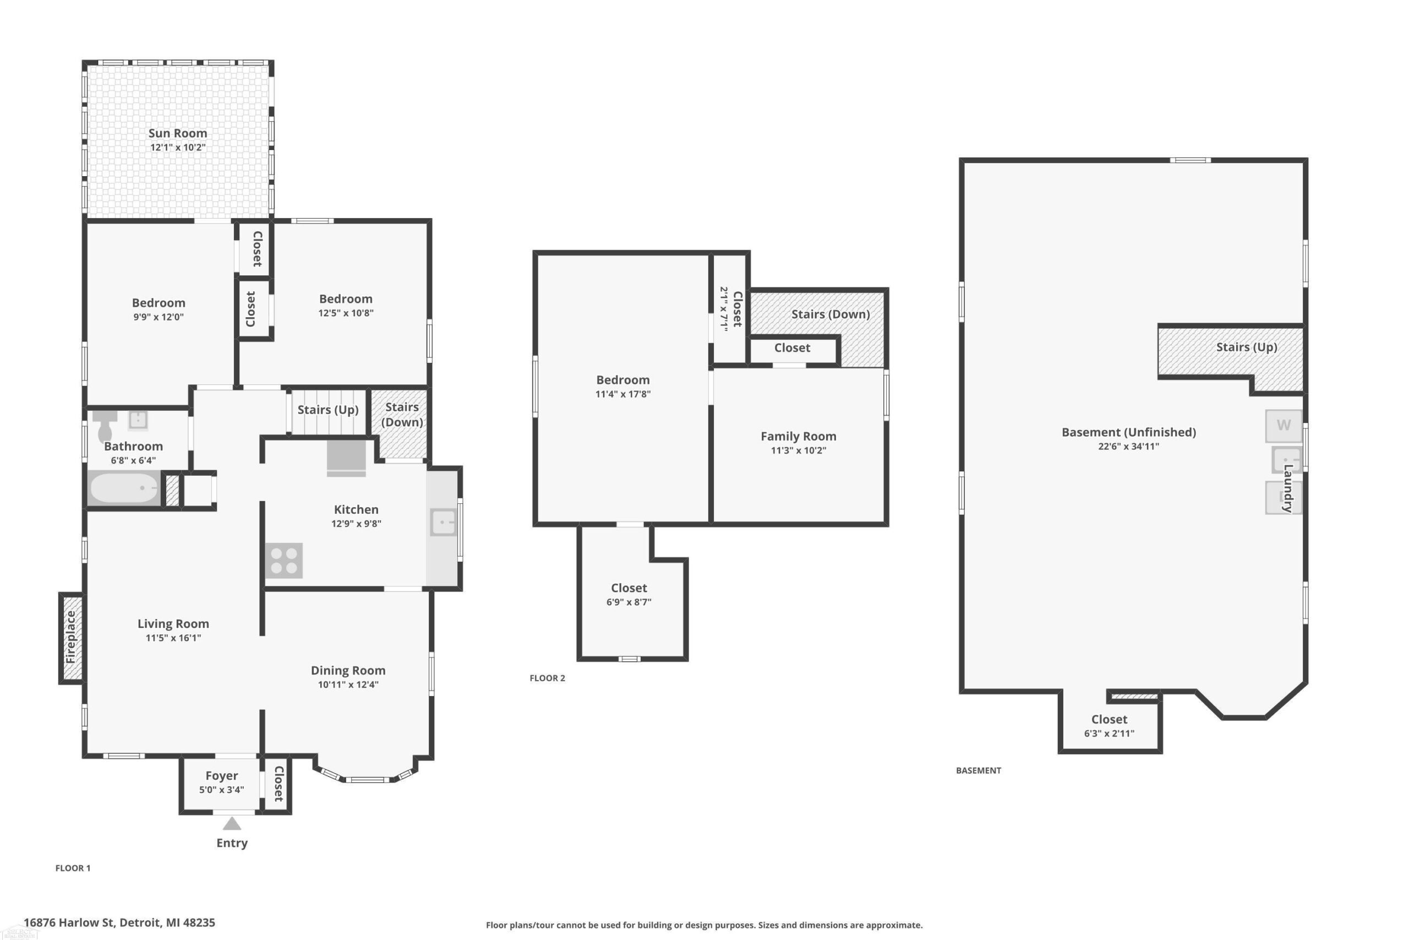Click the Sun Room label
click(178, 133)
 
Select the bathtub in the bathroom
click(124, 488)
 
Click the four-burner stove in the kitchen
click(284, 561)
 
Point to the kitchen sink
click(443, 522)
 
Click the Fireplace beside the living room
click(72, 637)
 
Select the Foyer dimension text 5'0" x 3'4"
click(222, 790)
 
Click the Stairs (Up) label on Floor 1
click(327, 410)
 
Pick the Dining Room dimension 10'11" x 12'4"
click(348, 684)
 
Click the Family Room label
click(799, 437)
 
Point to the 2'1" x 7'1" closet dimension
click(724, 309)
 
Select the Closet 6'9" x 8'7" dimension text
click(629, 602)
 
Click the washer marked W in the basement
click(1283, 426)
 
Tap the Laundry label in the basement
click(1288, 488)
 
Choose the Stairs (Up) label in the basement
click(1247, 347)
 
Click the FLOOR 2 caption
click(547, 678)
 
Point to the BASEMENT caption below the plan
click(978, 770)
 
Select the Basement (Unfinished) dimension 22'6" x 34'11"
click(1129, 446)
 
